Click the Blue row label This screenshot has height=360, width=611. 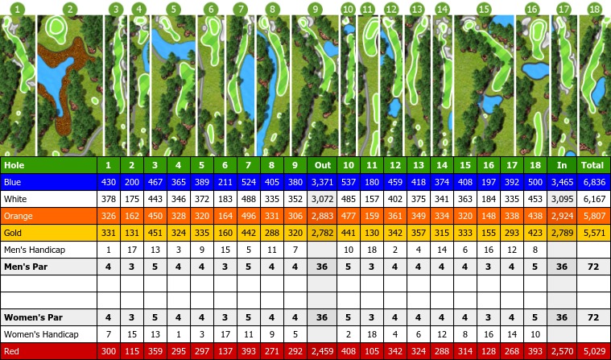12,182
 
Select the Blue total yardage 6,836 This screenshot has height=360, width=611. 594,182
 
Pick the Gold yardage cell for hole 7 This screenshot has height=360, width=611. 247,233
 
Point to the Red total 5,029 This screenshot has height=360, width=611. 594,351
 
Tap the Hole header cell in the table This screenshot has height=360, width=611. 14,165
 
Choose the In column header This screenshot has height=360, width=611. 562,165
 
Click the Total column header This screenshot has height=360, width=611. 594,165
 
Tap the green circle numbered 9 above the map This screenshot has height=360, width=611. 315,9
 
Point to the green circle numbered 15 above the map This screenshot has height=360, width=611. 483,9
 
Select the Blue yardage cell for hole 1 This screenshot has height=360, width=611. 109,182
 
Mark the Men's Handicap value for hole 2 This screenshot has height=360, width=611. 132,250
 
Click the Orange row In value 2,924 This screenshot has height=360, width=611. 562,216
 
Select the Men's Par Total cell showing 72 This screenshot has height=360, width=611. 594,267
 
